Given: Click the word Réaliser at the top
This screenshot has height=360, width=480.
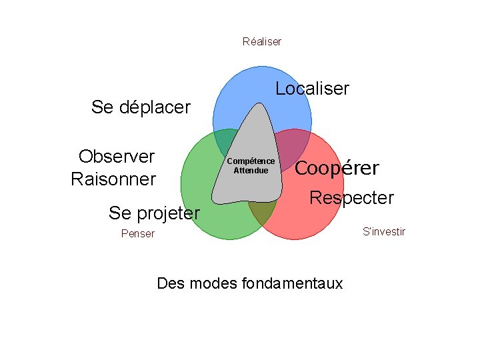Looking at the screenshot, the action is (262, 41).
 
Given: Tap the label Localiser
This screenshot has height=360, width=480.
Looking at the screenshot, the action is (312, 89).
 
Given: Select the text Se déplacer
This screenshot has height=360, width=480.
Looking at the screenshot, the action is (141, 107).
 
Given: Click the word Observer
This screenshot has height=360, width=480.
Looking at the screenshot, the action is (117, 157).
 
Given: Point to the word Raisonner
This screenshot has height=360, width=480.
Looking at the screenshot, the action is (113, 179).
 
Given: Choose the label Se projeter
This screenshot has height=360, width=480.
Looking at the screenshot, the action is (154, 213).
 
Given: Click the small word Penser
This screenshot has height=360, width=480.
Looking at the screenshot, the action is (137, 233).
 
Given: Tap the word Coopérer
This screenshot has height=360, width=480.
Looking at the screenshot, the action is (337, 168).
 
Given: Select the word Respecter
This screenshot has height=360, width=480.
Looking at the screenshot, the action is (352, 198).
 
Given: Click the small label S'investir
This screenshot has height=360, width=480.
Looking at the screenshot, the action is (383, 231).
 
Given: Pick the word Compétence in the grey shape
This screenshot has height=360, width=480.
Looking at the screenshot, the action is (251, 161).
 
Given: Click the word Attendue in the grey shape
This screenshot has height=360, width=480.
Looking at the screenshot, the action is (251, 171).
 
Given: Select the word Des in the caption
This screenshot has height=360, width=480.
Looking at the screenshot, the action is (170, 283).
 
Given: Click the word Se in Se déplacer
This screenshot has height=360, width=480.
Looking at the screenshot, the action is (102, 107).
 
